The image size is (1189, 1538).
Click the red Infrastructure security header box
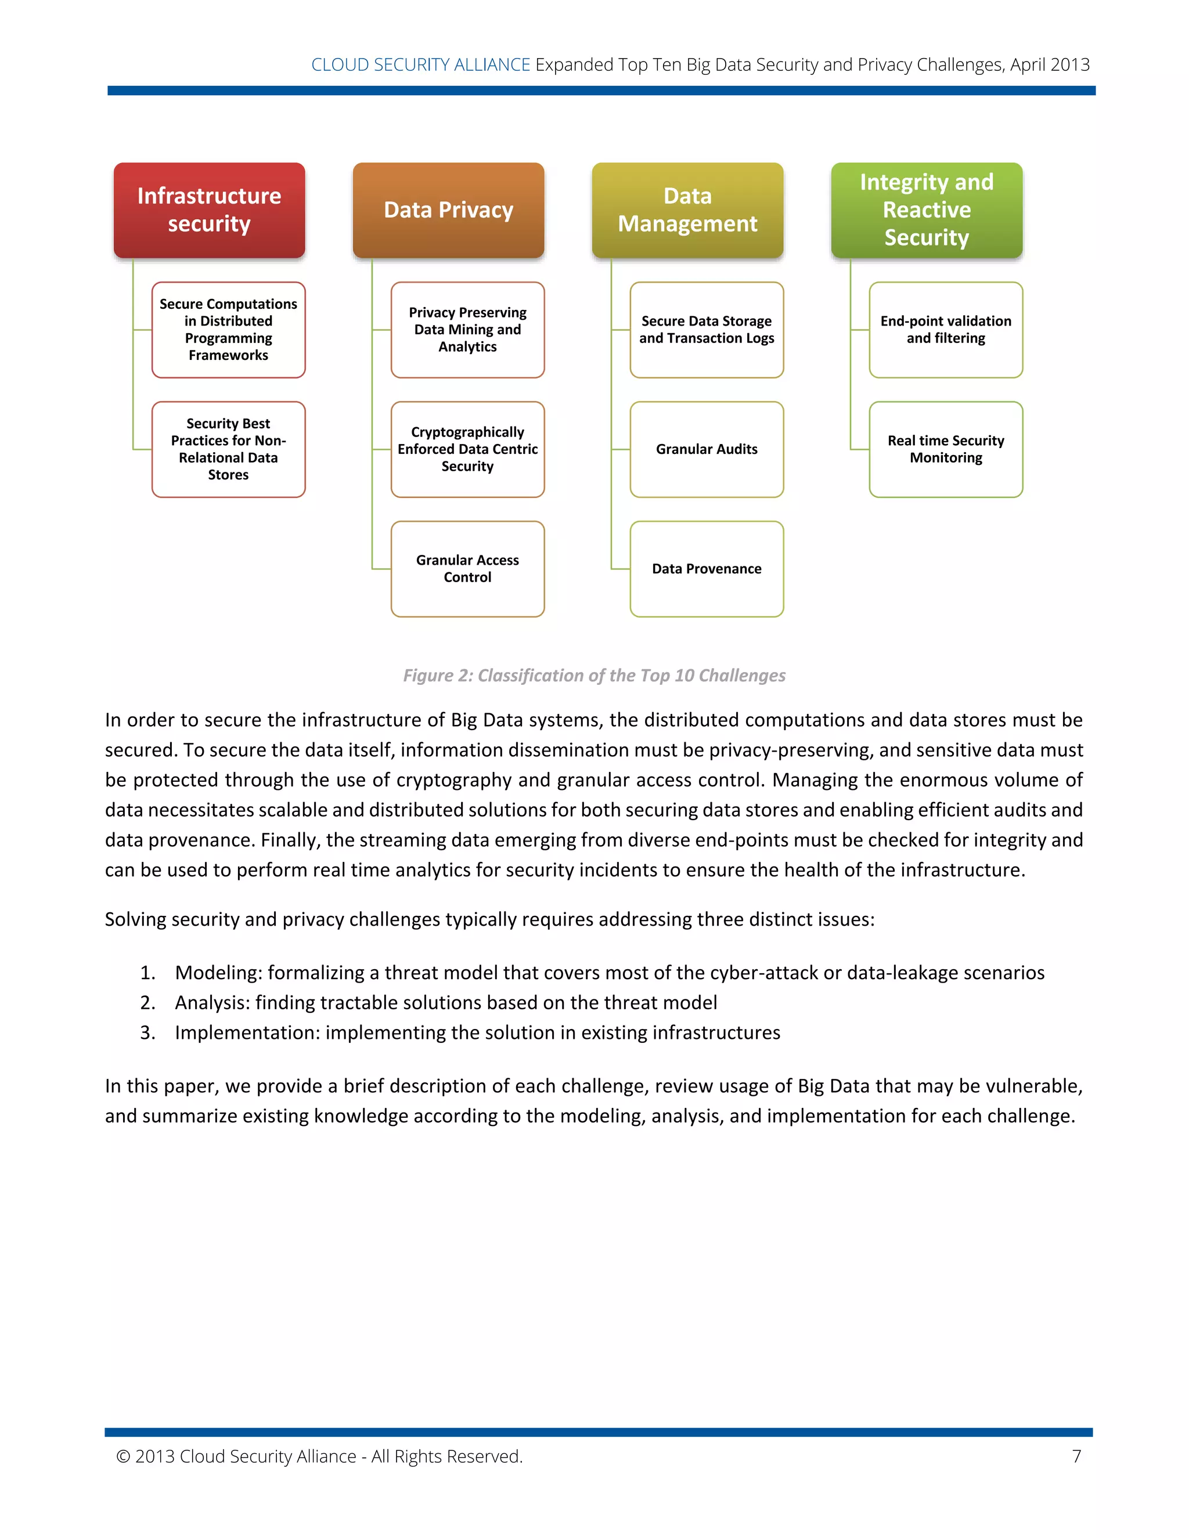point(209,210)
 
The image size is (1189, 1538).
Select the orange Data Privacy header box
point(448,210)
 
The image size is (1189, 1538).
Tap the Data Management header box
point(687,210)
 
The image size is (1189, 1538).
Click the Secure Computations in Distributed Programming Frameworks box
point(228,330)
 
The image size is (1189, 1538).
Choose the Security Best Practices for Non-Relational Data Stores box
point(228,449)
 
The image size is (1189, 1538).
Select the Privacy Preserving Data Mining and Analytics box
point(468,330)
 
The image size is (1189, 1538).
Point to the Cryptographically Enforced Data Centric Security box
point(468,449)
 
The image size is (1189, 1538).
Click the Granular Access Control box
point(468,568)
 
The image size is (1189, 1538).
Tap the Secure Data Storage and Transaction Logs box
point(707,330)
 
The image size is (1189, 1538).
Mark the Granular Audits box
point(707,449)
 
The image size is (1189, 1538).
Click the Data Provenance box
point(707,568)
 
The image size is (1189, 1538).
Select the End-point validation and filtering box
point(946,330)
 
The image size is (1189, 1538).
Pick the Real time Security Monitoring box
point(946,449)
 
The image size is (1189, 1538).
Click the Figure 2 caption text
point(594,676)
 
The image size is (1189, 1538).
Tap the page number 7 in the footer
point(1076,1456)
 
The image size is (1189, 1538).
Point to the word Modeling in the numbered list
point(218,973)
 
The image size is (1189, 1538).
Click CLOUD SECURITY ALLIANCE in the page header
point(420,65)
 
